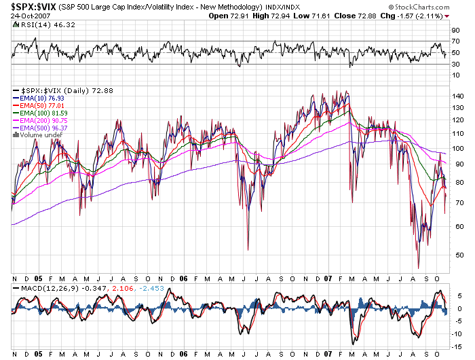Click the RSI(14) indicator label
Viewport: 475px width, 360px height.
(x=30, y=25)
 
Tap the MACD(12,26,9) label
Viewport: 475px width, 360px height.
(x=39, y=289)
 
